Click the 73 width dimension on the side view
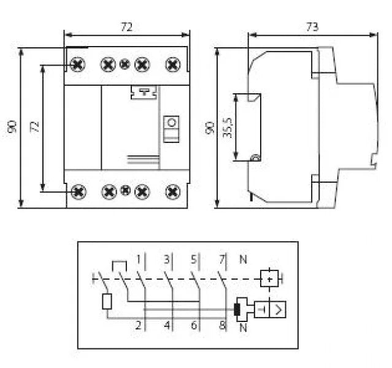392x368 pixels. pos(312,26)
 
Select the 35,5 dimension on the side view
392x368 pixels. pos(228,128)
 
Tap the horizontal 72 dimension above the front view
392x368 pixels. pos(127,27)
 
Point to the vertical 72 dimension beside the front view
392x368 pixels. pos(34,127)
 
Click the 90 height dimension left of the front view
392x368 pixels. pos(12,126)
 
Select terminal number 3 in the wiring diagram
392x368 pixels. pos(167,259)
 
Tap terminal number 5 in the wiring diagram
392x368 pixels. pos(194,259)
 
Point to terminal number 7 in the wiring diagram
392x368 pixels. pos(222,259)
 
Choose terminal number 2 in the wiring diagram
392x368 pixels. pos(139,325)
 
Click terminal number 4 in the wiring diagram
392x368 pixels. pos(167,325)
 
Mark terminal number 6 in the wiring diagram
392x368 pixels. pos(194,325)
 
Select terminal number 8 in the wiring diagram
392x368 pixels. pos(222,325)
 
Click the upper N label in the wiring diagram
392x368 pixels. pos(243,259)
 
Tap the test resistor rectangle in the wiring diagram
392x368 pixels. pos(107,302)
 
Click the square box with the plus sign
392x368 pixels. pos(269,278)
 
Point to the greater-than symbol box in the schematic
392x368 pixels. pos(278,310)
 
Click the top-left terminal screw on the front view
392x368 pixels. pos(77,65)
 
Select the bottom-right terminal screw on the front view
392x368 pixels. pos(173,192)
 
